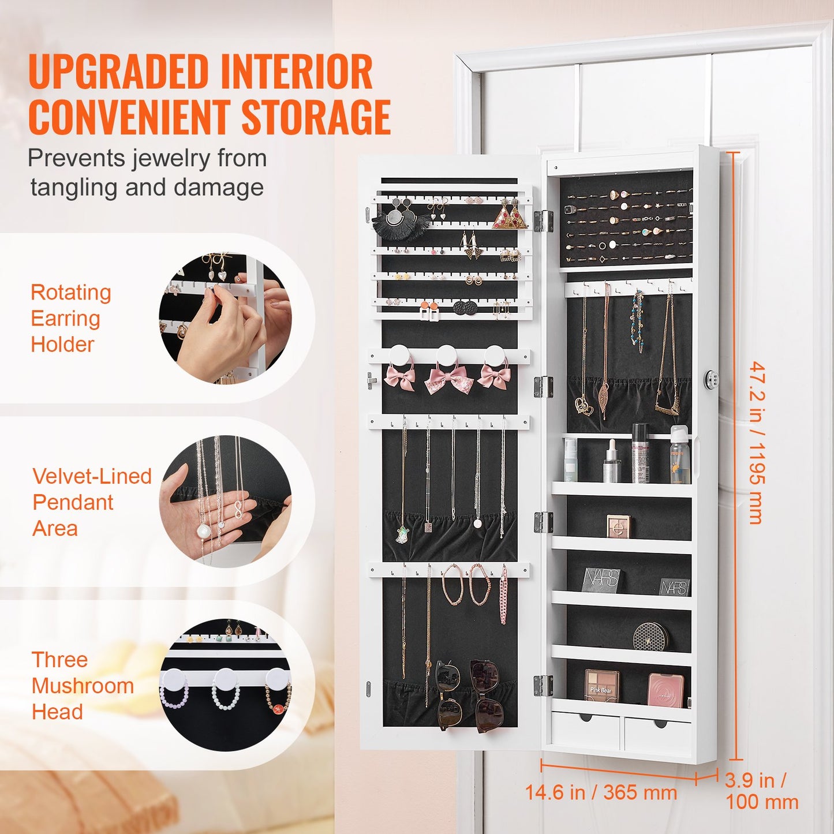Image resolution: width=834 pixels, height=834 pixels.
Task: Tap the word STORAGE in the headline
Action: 316,117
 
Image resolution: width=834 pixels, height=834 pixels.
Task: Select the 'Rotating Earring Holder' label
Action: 70,318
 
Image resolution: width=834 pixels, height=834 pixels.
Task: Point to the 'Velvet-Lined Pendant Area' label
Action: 91,502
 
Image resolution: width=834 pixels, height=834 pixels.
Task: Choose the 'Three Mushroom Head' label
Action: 82,686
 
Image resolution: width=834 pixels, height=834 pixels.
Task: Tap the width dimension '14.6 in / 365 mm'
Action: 600,792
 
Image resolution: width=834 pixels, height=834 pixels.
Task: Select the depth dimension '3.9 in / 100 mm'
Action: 761,791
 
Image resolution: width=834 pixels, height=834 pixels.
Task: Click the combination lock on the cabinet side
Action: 712,380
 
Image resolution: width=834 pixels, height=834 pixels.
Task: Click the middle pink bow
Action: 448,380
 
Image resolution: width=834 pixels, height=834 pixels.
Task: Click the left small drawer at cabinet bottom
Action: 585,730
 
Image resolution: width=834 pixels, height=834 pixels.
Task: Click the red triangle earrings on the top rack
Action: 510,216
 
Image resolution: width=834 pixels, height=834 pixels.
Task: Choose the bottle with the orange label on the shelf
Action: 680,456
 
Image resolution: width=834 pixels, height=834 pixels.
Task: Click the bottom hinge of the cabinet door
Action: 543,685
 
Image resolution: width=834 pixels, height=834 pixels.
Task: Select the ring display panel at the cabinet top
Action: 626,220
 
